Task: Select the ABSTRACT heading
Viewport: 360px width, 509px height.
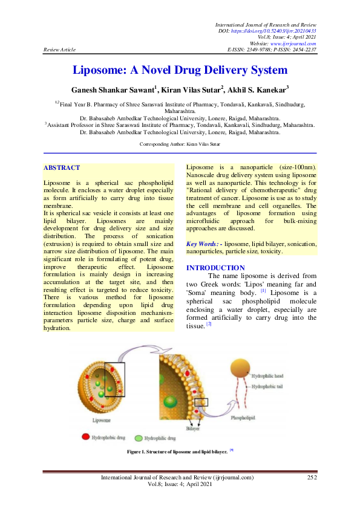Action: coord(62,167)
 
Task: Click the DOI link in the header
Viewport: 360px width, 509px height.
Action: coord(286,31)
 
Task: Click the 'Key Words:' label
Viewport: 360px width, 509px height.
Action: coord(203,243)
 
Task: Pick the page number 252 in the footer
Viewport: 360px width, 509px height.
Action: coord(312,478)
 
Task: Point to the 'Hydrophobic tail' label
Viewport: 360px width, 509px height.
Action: coord(269,386)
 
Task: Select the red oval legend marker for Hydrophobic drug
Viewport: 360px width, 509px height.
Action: coord(85,436)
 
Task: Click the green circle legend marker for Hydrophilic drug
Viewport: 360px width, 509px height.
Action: coord(139,437)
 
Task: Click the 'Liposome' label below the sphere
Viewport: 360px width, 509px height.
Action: coord(101,419)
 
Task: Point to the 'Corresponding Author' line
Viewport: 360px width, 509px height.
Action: coord(180,144)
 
